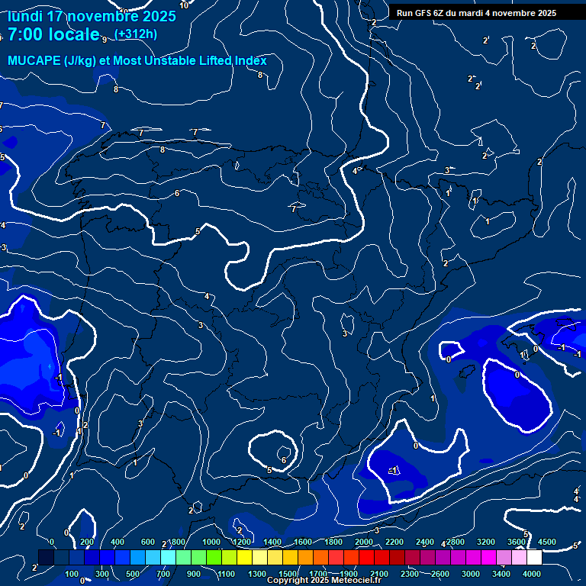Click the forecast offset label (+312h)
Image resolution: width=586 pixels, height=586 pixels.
pyautogui.click(x=136, y=34)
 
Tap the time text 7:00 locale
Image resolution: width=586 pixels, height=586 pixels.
pyautogui.click(x=53, y=34)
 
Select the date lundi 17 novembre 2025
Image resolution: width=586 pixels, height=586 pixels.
pyautogui.click(x=92, y=15)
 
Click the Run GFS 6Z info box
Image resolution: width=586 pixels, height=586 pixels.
pyautogui.click(x=476, y=13)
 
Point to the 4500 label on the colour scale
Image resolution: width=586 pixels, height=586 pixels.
pyautogui.click(x=547, y=542)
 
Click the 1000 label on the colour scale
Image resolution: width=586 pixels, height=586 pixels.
pyautogui.click(x=211, y=542)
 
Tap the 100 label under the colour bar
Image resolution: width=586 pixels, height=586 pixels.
pyautogui.click(x=72, y=574)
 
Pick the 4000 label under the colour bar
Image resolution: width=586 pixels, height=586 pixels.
pyautogui.click(x=532, y=574)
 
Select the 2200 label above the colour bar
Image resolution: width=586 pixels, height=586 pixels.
pyautogui.click(x=394, y=542)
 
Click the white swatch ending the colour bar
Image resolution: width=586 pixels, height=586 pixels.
pyautogui.click(x=534, y=558)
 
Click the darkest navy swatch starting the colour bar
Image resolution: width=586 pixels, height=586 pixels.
pyautogui.click(x=46, y=558)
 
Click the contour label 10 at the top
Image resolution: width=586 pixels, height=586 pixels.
pyautogui.click(x=183, y=5)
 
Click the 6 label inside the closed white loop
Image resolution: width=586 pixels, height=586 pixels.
pyautogui.click(x=283, y=460)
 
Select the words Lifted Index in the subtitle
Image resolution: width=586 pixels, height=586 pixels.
pyautogui.click(x=228, y=60)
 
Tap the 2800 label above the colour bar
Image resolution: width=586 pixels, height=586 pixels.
pyautogui.click(x=456, y=542)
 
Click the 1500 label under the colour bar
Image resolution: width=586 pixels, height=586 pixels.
pyautogui.click(x=287, y=574)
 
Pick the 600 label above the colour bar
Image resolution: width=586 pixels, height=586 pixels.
pyautogui.click(x=148, y=542)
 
